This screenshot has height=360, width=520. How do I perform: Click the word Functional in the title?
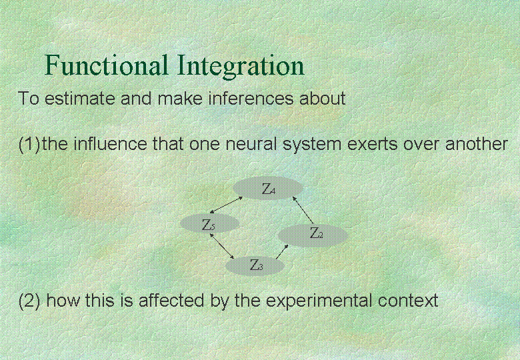pyautogui.click(x=106, y=65)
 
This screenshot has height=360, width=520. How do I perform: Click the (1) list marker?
pyautogui.click(x=29, y=144)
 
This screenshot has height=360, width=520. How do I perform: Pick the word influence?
pyautogui.click(x=110, y=144)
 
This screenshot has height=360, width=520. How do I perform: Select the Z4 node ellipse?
pyautogui.click(x=268, y=188)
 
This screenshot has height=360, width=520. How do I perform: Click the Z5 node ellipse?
pyautogui.click(x=209, y=223)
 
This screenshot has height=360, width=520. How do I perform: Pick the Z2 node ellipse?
pyautogui.click(x=313, y=235)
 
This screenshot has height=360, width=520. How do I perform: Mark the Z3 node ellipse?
pyautogui.click(x=255, y=265)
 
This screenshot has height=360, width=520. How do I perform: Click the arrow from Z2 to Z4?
pyautogui.click(x=303, y=210)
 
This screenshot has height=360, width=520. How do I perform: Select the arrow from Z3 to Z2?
pyautogui.click(x=282, y=251)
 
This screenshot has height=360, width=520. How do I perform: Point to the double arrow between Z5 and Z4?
pyautogui.click(x=226, y=205)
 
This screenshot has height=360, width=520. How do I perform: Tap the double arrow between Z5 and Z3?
pyautogui.click(x=222, y=245)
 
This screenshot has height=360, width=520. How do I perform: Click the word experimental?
pyautogui.click(x=319, y=301)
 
